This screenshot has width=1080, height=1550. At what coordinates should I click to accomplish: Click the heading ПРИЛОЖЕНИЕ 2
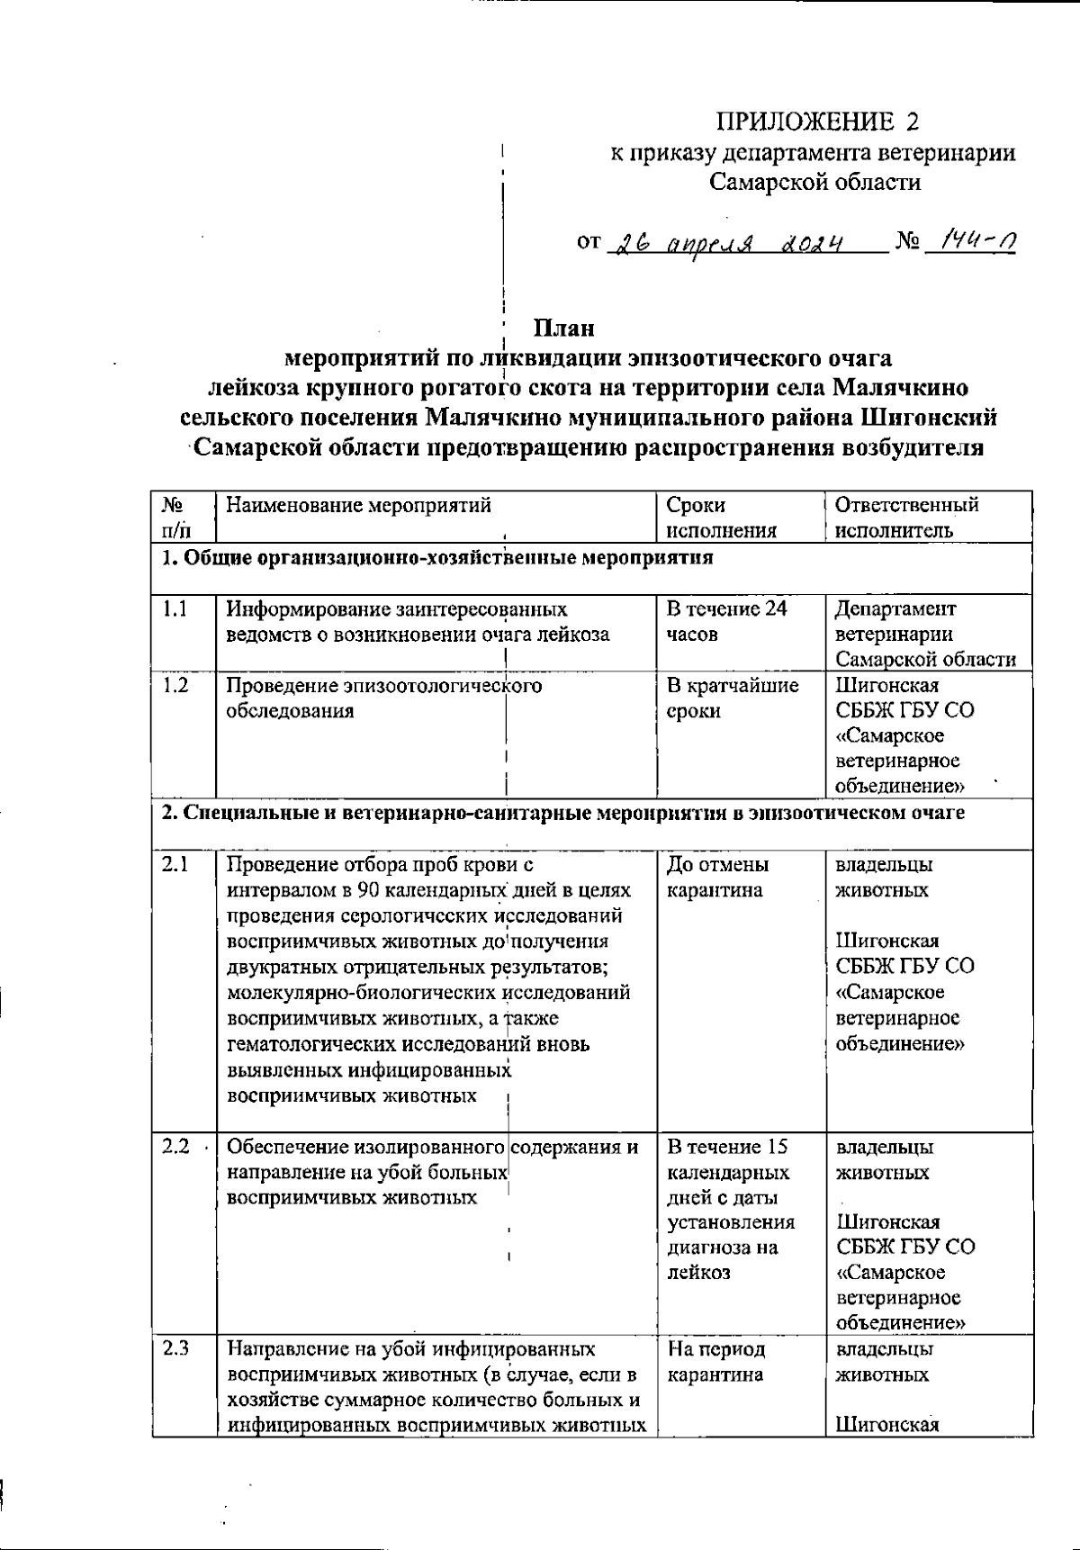point(817,122)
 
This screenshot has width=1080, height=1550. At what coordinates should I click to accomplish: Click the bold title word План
point(563,328)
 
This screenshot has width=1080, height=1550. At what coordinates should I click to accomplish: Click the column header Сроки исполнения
point(721,518)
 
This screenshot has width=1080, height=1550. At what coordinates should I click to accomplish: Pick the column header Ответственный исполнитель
point(906,518)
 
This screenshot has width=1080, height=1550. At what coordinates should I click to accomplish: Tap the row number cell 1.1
point(175,609)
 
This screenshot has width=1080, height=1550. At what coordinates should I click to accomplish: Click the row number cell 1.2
point(175,686)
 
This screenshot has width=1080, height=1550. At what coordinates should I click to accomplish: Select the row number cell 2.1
point(175,865)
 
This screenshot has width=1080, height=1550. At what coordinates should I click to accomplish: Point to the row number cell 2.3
point(175,1349)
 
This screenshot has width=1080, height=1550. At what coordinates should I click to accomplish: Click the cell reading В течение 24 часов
point(726,621)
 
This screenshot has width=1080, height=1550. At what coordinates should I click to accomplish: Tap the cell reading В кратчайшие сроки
point(732,698)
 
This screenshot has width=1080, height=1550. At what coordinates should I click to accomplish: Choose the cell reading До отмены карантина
point(717,878)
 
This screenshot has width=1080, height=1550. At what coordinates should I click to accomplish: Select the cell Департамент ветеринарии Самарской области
point(924,634)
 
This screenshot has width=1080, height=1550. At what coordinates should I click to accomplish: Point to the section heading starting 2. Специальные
point(562,814)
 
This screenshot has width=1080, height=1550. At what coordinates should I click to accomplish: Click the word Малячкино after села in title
point(900,389)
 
